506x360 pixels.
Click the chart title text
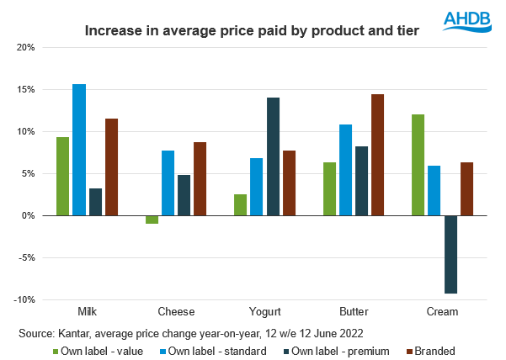(x=253, y=32)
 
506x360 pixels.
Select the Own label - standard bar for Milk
(x=79, y=150)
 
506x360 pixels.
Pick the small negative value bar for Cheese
(x=152, y=220)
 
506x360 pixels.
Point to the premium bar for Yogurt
(x=273, y=156)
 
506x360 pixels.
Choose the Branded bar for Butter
(x=377, y=155)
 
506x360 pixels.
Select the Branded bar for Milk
(x=111, y=167)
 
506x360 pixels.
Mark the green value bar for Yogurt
(x=240, y=205)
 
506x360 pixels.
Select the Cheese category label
(x=169, y=312)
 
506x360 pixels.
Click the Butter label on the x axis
(x=354, y=312)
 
